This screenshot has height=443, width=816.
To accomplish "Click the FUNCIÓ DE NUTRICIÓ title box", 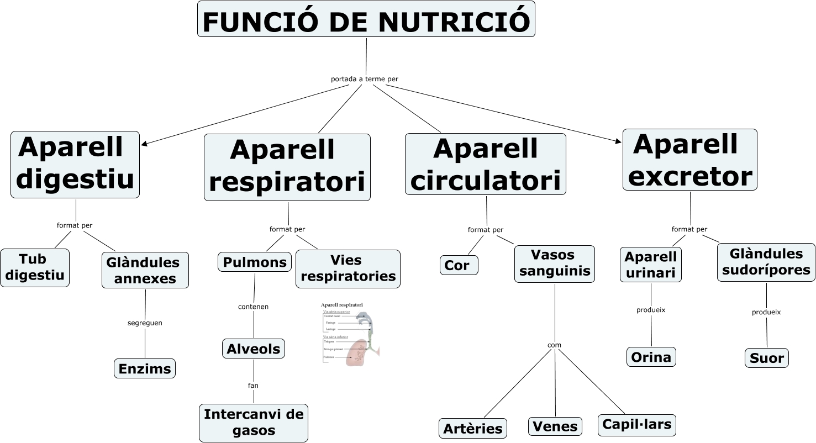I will (366, 19).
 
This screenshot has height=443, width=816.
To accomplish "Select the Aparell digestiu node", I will (75, 165).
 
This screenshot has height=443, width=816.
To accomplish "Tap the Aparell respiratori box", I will (287, 167).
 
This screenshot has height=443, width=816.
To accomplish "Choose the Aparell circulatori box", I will (485, 164).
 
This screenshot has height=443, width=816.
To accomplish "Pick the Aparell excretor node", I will (689, 160).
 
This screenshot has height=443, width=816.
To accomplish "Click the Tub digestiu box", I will (35, 267).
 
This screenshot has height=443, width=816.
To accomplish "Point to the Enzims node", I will (145, 368).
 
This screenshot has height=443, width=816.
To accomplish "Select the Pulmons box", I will (255, 262).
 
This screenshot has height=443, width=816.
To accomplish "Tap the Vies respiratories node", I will (348, 268).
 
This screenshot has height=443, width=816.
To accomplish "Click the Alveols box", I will (254, 349).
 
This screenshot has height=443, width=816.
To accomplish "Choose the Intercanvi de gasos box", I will (254, 423).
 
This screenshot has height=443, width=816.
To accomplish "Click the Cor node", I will (459, 265).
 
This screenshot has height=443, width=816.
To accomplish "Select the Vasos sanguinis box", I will (554, 263).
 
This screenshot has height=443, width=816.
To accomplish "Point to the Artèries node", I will (473, 428).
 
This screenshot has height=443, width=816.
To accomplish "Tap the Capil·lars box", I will (636, 425).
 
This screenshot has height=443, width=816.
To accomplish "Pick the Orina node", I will (651, 357).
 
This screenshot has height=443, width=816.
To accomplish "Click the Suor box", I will (766, 358).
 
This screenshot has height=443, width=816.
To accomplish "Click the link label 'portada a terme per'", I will (364, 79).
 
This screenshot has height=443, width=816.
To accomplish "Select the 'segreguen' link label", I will (145, 323).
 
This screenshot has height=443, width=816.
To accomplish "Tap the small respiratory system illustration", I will (350, 334).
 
